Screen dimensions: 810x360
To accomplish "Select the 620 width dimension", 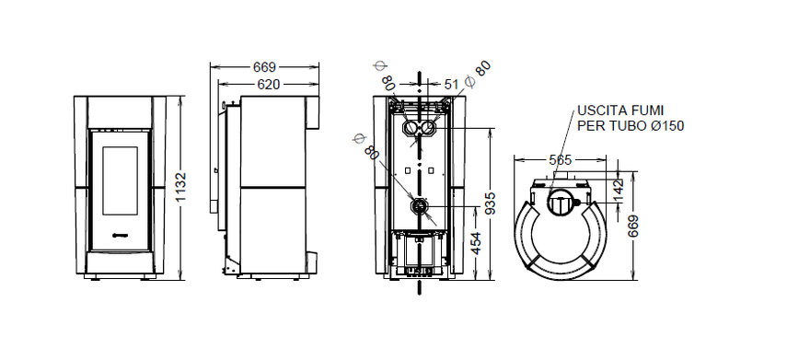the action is (268, 85).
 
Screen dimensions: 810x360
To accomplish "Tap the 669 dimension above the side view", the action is (264, 67).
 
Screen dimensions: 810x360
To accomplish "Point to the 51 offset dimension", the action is (451, 84).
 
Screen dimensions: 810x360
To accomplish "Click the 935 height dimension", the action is (491, 203).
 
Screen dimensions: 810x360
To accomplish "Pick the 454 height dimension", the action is (476, 243).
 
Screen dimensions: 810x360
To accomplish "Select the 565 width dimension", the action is (560, 160).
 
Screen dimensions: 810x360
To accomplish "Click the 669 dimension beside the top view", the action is (632, 226).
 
